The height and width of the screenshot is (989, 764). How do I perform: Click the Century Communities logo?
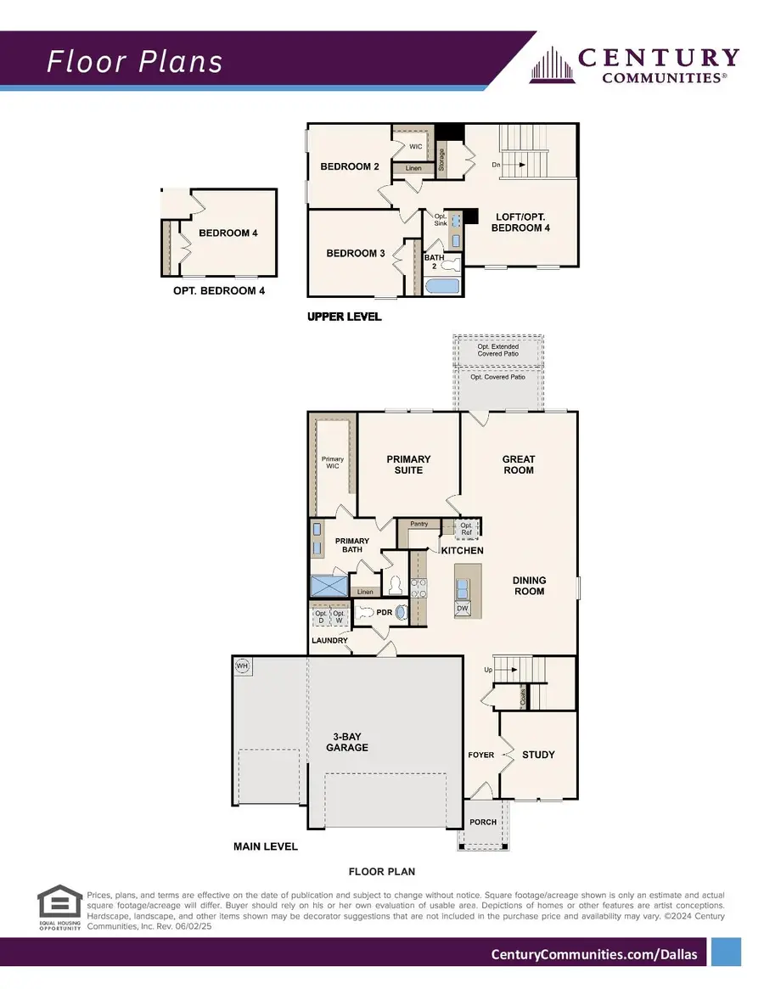pyautogui.click(x=635, y=65)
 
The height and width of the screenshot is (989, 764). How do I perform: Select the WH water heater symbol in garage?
pyautogui.click(x=242, y=665)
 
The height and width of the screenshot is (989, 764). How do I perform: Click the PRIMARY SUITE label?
pyautogui.click(x=408, y=464)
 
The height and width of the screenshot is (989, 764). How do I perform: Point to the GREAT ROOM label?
pyautogui.click(x=519, y=464)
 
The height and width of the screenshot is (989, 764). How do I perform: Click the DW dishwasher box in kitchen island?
pyautogui.click(x=463, y=609)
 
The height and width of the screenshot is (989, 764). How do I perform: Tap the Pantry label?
pyautogui.click(x=419, y=524)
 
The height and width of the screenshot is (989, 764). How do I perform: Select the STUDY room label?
pyautogui.click(x=538, y=755)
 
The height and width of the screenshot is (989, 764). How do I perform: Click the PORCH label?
pyautogui.click(x=483, y=822)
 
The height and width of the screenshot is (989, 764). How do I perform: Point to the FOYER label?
pyautogui.click(x=481, y=755)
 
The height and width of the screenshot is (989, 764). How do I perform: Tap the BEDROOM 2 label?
pyautogui.click(x=350, y=166)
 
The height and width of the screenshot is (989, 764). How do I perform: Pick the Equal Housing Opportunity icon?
pyautogui.click(x=59, y=908)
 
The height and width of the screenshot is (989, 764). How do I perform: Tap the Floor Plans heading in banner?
pyautogui.click(x=135, y=62)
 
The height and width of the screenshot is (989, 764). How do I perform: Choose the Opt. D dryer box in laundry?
pyautogui.click(x=321, y=618)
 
